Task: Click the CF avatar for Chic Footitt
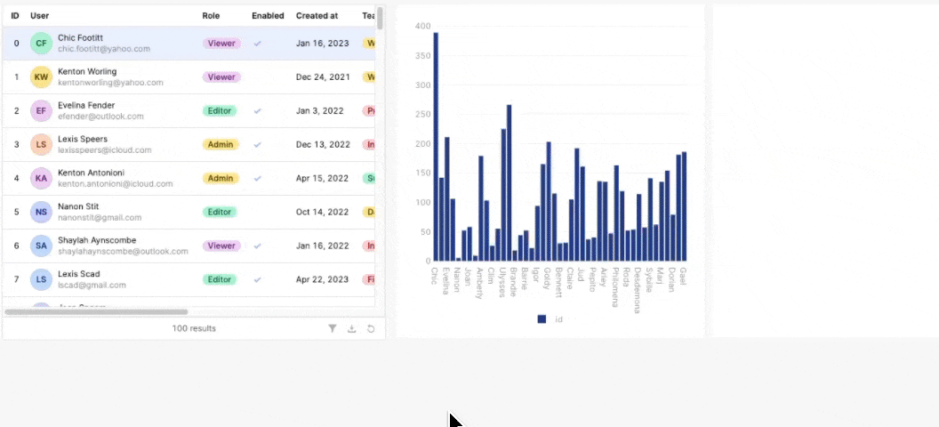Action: click(41, 43)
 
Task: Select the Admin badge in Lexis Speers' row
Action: click(221, 144)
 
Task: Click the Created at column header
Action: click(317, 16)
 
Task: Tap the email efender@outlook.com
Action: click(100, 117)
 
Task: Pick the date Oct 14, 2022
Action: click(322, 212)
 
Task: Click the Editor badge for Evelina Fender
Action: click(220, 110)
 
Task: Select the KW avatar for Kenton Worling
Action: click(41, 77)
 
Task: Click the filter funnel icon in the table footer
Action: click(333, 328)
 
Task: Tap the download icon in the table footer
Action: click(351, 328)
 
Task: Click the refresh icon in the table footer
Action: click(371, 328)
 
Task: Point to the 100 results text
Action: click(194, 328)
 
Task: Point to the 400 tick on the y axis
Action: click(423, 27)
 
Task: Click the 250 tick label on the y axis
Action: click(423, 115)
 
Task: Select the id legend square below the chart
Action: click(542, 318)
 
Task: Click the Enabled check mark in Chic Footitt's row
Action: click(258, 43)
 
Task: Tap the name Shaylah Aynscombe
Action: click(97, 240)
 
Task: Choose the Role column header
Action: click(211, 16)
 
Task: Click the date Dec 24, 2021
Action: click(323, 77)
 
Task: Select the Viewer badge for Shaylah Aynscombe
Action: click(221, 246)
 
